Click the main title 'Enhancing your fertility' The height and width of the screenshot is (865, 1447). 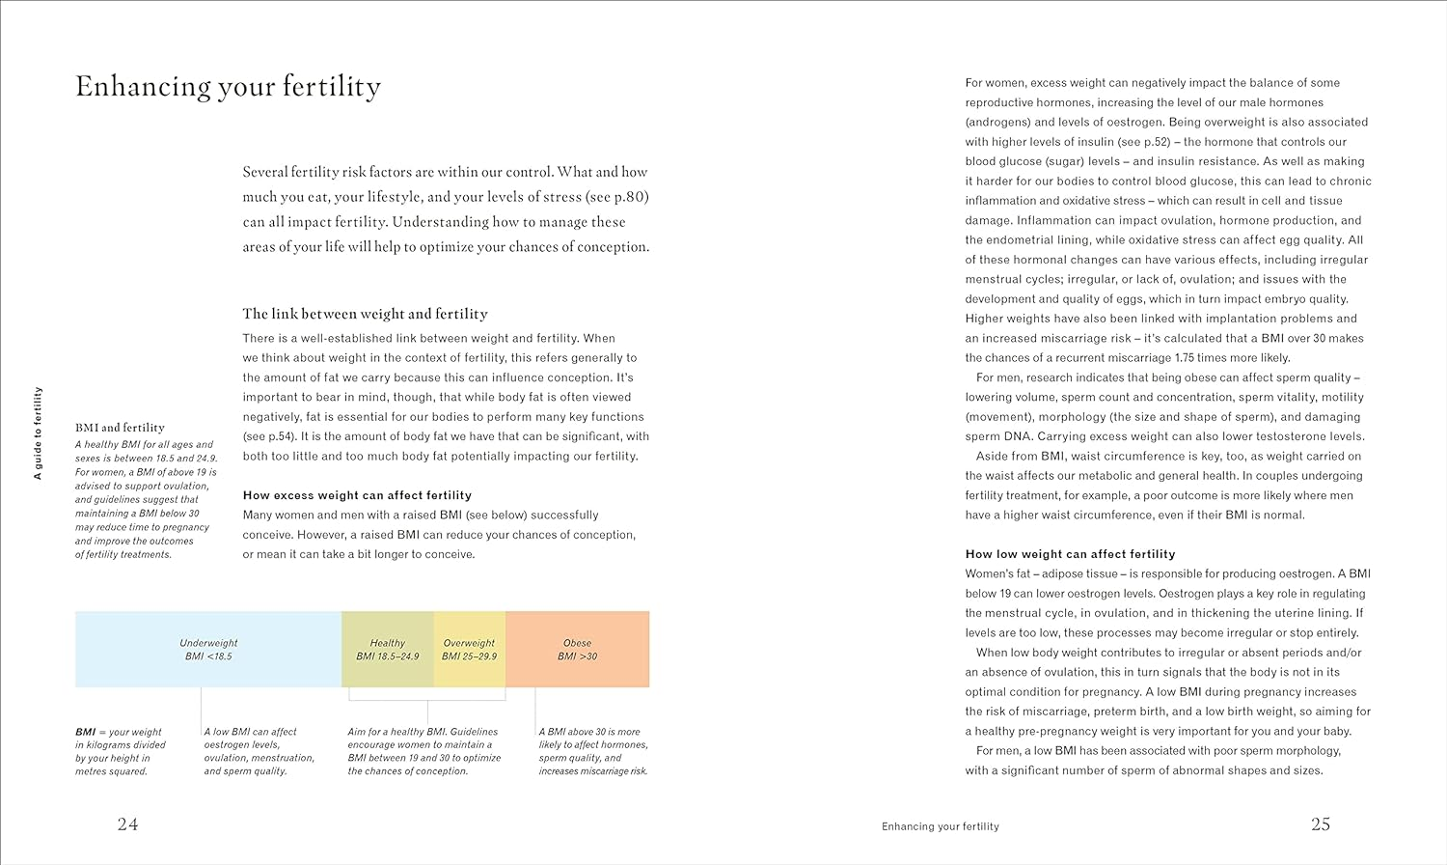[228, 87]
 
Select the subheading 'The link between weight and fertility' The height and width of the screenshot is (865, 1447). [365, 314]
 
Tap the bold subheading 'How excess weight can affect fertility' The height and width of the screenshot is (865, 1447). [357, 495]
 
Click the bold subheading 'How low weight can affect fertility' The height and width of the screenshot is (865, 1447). [1070, 554]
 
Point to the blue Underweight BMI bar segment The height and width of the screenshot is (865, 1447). [208, 649]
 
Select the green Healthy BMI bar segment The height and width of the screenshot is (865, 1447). [387, 649]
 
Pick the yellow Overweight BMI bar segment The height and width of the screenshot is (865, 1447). [469, 649]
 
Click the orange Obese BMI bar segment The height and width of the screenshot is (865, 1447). [577, 649]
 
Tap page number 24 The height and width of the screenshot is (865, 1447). [127, 823]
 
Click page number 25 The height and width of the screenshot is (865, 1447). [1320, 823]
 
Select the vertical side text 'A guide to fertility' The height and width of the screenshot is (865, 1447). [39, 433]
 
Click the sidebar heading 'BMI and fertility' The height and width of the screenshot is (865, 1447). [120, 428]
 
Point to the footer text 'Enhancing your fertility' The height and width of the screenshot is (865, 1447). [940, 826]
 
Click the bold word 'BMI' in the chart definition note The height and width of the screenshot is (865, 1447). [86, 732]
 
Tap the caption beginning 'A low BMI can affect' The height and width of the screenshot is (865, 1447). [259, 751]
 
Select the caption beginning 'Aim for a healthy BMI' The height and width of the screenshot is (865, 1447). [423, 751]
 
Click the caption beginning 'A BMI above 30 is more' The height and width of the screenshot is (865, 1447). [592, 751]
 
